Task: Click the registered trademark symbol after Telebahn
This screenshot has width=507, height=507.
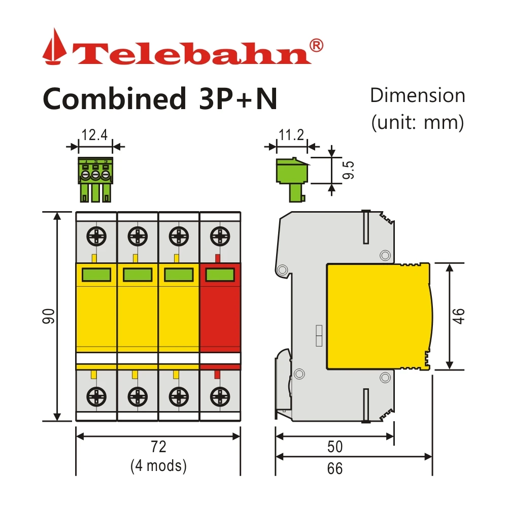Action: [x=315, y=45]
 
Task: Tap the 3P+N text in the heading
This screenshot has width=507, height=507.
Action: [x=235, y=99]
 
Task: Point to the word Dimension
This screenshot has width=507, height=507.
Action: [x=417, y=96]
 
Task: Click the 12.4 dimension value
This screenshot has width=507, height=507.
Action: [x=94, y=135]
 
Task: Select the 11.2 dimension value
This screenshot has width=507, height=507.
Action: [x=291, y=135]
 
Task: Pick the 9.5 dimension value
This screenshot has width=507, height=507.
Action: [x=348, y=171]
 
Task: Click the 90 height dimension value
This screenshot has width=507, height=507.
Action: [x=49, y=317]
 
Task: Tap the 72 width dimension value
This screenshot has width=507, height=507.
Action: [x=158, y=447]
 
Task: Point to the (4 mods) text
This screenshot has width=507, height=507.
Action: [x=158, y=465]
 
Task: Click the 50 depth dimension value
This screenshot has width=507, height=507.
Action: [x=334, y=447]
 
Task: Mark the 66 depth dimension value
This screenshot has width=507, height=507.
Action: [x=334, y=468]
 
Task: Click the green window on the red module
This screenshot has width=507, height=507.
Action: [x=220, y=275]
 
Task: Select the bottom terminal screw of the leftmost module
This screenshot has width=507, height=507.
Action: [x=96, y=395]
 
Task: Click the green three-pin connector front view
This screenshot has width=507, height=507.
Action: [x=95, y=178]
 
